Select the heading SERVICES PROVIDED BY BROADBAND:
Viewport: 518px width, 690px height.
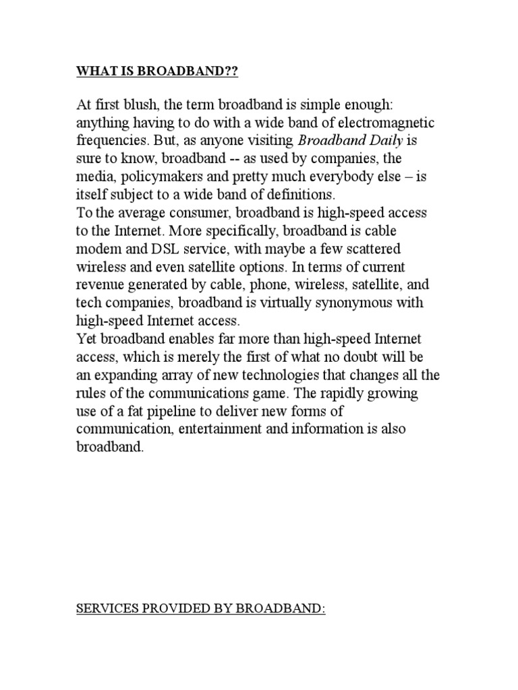[201, 610]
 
